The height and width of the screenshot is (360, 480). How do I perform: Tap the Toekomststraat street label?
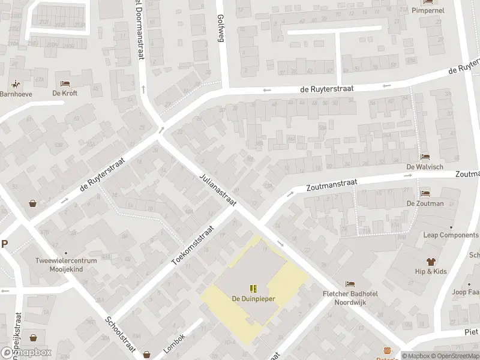point(193,246)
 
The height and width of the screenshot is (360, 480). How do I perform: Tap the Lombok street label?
point(174,342)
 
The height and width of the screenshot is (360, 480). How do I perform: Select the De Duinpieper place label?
point(253,298)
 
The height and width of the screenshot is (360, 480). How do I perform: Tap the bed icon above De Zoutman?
point(425,193)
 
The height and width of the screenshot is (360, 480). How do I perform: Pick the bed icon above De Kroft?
point(65,83)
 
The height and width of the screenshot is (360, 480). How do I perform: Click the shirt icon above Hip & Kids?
point(431,261)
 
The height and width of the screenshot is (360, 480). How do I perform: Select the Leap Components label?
point(451,235)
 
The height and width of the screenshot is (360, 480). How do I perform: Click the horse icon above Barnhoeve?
point(15,84)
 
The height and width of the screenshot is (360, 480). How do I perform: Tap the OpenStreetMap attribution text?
point(457,356)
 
